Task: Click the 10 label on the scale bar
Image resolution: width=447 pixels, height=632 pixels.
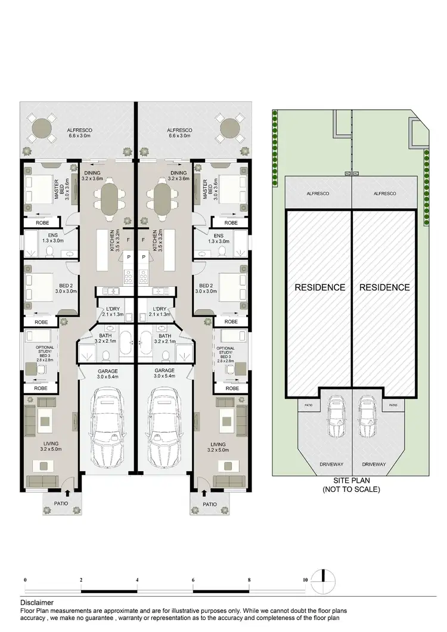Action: pyautogui.click(x=305, y=580)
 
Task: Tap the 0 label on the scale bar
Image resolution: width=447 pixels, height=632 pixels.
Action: pyautogui.click(x=25, y=580)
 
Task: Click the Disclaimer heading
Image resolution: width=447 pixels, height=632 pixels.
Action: pyautogui.click(x=36, y=603)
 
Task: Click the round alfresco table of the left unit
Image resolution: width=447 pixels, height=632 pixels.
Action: pyautogui.click(x=42, y=127)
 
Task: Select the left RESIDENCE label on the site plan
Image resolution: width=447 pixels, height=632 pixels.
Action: pyautogui.click(x=320, y=287)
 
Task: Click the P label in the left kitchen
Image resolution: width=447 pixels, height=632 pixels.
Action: pyautogui.click(x=129, y=257)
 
